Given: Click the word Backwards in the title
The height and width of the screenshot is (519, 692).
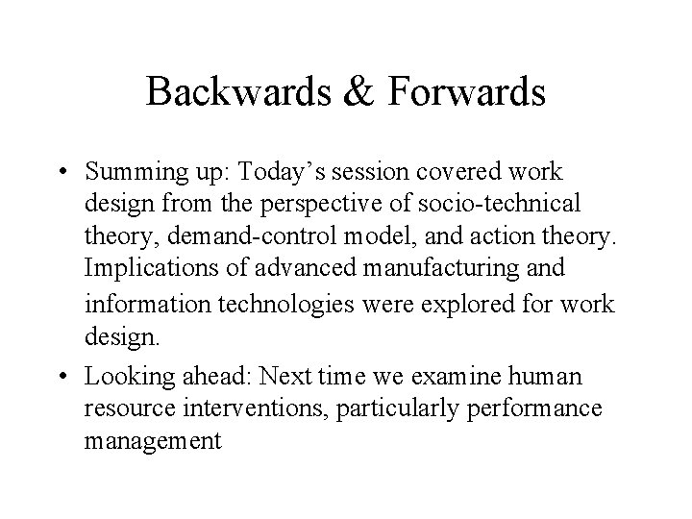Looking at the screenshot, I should pos(232,93).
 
